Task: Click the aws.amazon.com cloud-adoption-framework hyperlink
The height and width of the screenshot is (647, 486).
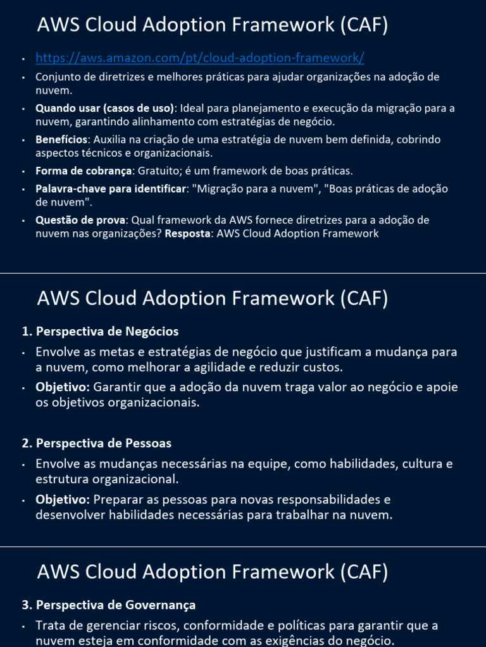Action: tap(200, 58)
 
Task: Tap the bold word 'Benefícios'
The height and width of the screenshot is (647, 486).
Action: tap(60, 139)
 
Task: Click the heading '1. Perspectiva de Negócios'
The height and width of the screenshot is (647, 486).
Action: tap(100, 331)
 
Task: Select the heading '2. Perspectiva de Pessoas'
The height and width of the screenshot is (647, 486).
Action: tap(96, 444)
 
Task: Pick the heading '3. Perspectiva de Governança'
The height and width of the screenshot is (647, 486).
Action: tap(108, 605)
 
